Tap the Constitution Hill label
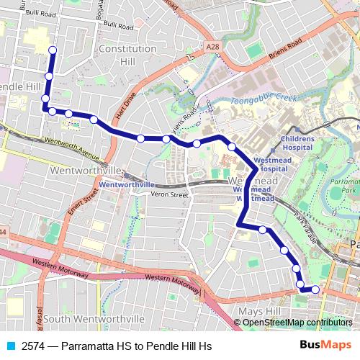(x=127, y=55)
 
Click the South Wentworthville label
(x=95, y=318)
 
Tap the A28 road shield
(x=212, y=47)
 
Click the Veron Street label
(x=170, y=194)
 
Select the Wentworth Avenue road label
(x=71, y=147)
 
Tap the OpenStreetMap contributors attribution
(x=297, y=323)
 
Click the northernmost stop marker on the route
(x=52, y=50)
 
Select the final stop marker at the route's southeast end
(x=315, y=289)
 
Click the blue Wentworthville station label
(x=127, y=184)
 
